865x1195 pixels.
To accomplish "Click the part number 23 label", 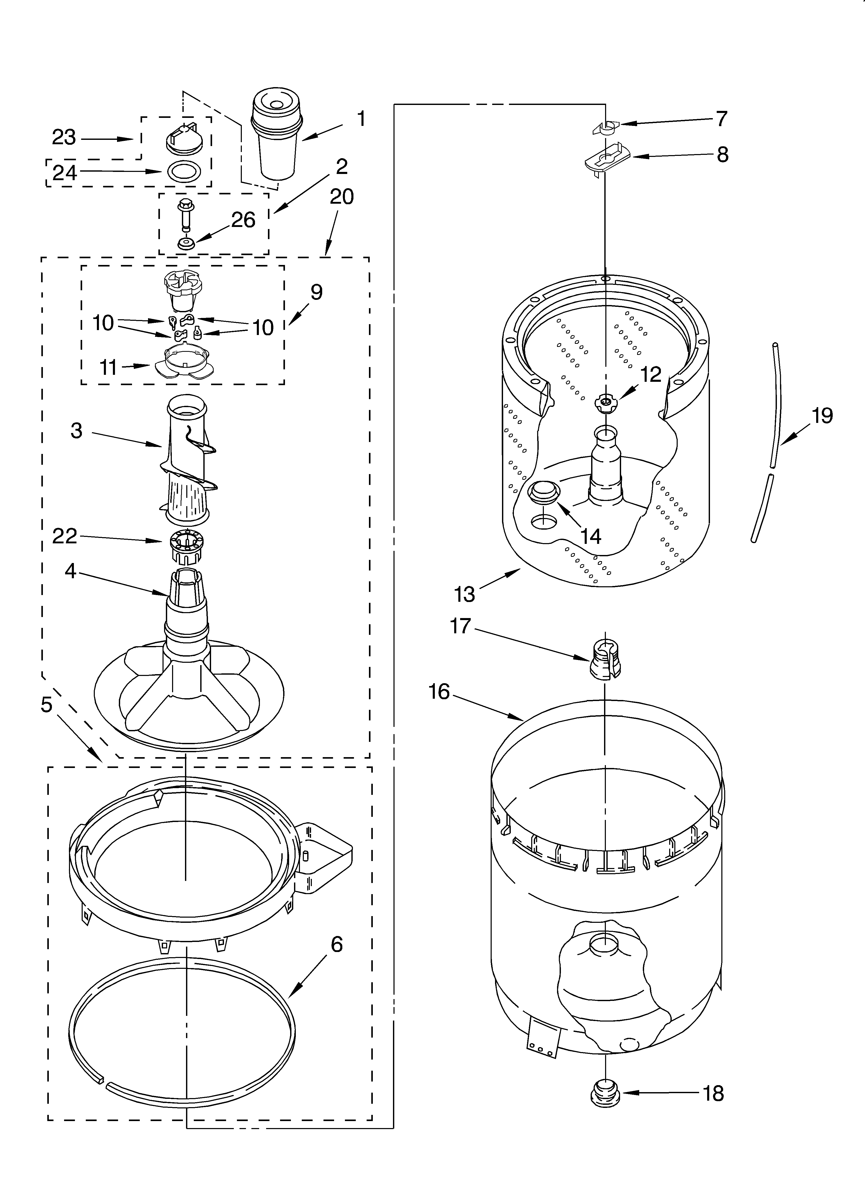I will [x=64, y=138].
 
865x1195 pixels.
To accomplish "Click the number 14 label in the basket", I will [x=591, y=536].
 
